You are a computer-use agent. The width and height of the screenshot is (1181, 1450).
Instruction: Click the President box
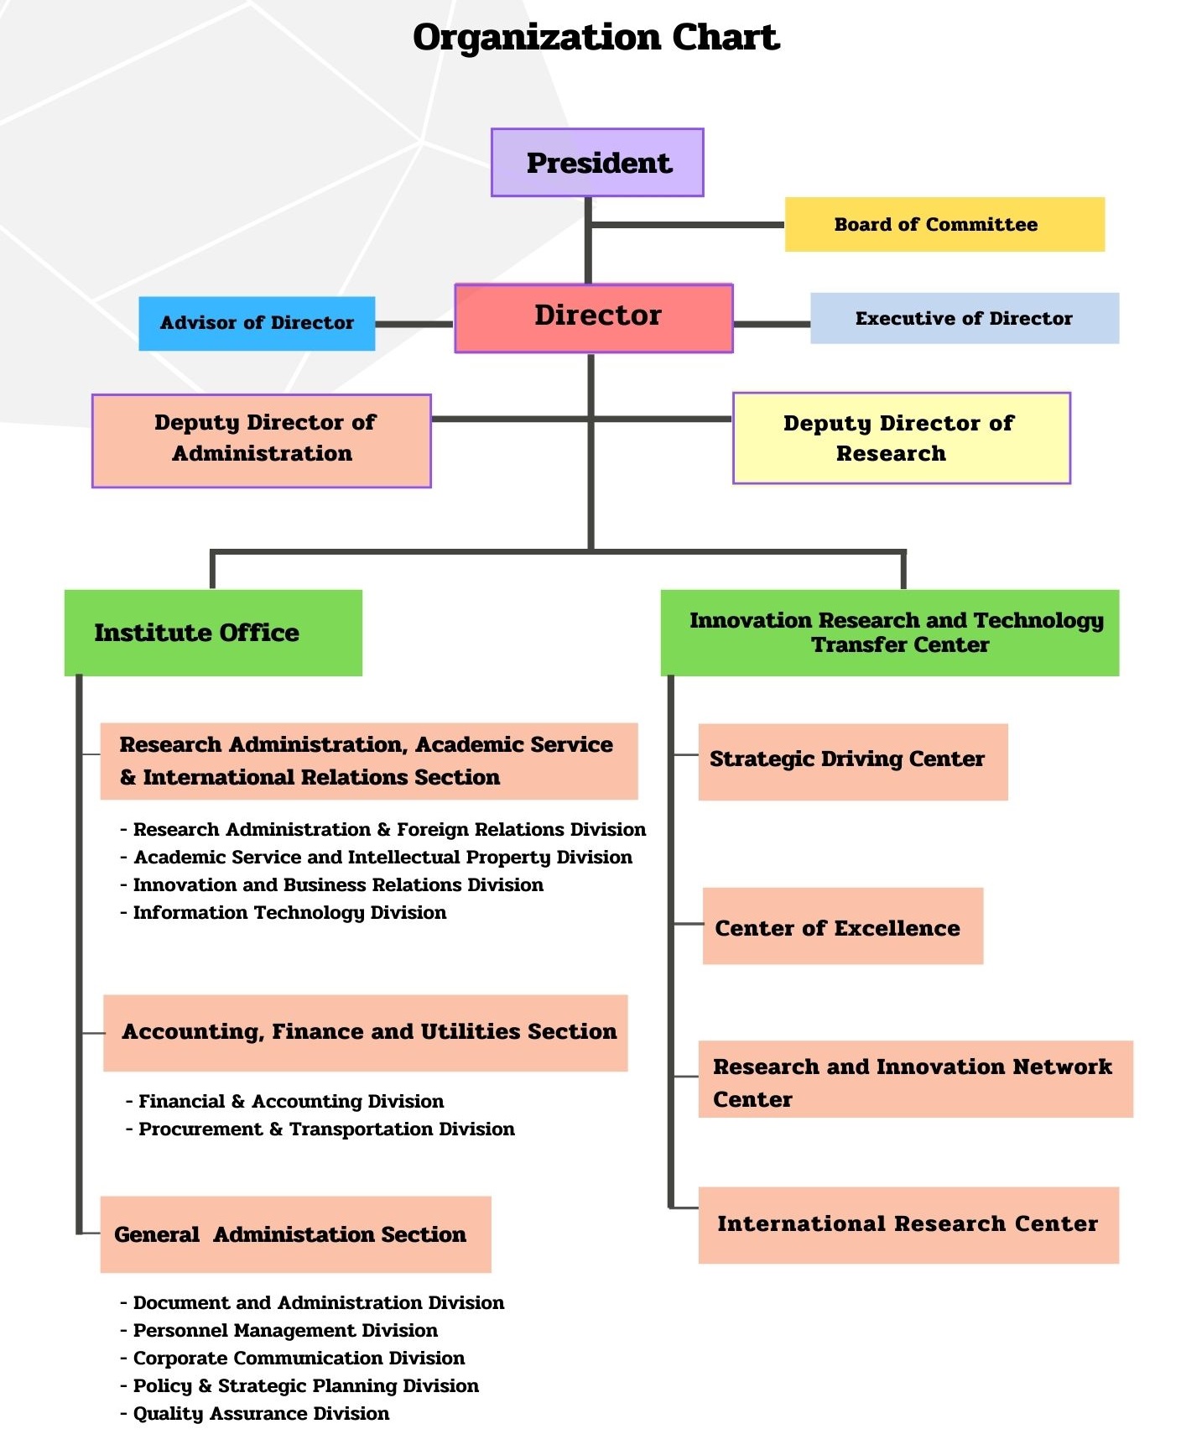597,163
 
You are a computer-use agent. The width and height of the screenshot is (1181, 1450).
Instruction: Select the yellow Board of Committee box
944,225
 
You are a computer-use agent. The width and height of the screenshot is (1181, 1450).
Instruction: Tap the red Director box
594,318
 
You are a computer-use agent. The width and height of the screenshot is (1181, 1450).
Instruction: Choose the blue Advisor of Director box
257,323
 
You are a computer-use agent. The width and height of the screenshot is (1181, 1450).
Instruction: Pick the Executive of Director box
965,318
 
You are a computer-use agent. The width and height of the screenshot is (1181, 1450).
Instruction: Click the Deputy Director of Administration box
262,441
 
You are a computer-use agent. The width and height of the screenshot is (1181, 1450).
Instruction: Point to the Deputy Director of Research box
902,438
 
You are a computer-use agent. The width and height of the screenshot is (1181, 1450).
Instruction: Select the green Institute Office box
213,633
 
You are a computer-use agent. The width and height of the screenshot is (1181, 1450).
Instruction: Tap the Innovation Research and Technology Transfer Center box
890,633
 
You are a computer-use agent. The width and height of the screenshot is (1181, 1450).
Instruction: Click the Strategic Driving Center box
853,761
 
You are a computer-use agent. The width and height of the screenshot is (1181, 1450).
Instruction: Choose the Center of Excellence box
843,926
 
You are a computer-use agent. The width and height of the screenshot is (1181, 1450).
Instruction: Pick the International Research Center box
908,1224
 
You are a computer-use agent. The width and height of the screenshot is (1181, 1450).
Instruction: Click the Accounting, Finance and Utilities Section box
366,1032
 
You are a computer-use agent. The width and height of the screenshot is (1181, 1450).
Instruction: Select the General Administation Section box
295,1234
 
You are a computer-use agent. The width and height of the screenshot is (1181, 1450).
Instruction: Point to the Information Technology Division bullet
289,913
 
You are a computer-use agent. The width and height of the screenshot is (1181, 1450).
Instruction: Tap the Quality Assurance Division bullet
261,1414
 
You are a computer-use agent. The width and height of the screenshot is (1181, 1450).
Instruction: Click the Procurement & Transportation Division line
326,1129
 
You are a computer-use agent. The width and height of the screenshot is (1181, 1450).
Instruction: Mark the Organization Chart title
596,38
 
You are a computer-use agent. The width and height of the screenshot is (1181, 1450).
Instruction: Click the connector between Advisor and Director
414,324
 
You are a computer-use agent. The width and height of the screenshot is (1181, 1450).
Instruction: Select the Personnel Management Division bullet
285,1331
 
